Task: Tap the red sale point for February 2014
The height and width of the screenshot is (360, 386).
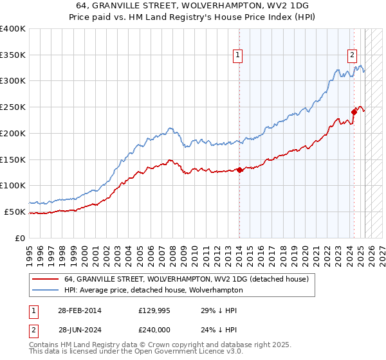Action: [239, 170]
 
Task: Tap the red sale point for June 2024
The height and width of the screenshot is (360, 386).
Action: [354, 112]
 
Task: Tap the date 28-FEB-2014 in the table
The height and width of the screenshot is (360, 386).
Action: [74, 310]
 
